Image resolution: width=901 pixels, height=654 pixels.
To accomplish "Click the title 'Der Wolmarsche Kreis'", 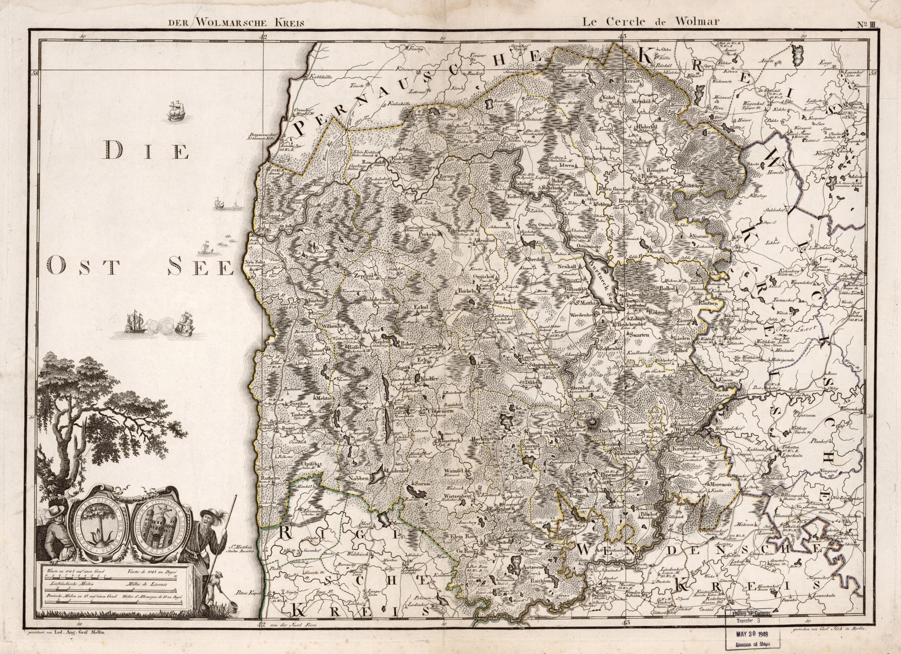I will tap(235, 22).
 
